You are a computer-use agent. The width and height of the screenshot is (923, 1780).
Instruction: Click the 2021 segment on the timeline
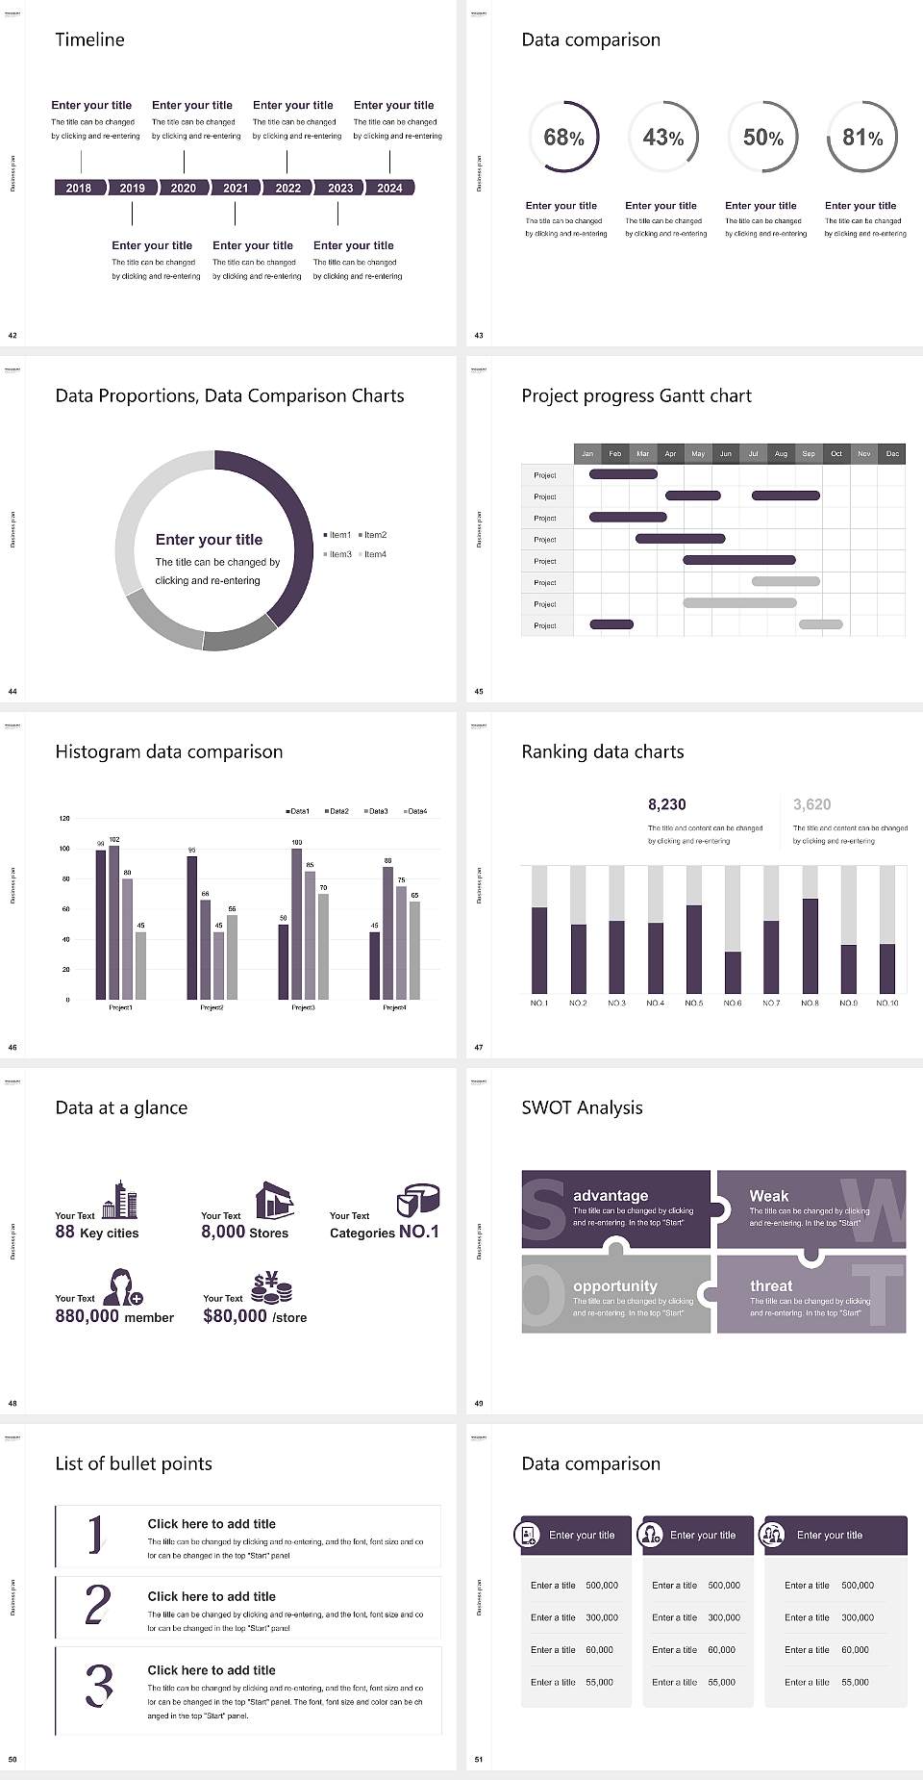(236, 188)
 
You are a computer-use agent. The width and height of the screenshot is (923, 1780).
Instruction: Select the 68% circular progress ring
(563, 137)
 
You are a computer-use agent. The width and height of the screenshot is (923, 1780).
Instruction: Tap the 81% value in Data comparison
(862, 138)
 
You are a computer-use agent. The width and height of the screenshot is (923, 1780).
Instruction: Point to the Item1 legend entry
(337, 535)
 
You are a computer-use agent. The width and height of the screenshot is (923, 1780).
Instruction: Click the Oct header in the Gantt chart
(836, 453)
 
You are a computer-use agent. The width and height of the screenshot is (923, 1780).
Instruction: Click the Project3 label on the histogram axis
(303, 1007)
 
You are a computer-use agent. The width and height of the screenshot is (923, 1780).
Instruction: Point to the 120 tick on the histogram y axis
(64, 819)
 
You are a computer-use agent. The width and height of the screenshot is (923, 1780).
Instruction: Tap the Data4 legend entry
(415, 811)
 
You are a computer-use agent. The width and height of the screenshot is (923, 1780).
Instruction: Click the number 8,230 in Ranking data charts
(667, 804)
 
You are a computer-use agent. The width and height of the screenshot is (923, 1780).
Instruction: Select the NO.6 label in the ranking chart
(733, 1003)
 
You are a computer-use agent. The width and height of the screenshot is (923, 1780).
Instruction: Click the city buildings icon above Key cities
(119, 1200)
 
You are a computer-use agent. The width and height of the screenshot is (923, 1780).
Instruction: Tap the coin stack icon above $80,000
(271, 1287)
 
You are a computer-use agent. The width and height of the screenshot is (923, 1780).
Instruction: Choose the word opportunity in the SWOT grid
(615, 1286)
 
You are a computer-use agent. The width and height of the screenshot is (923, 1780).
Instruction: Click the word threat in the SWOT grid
(771, 1286)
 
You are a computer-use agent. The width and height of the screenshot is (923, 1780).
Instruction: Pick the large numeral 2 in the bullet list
(98, 1605)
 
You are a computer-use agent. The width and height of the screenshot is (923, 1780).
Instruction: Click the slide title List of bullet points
(134, 1463)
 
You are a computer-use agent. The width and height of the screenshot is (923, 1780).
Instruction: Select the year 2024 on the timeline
(389, 188)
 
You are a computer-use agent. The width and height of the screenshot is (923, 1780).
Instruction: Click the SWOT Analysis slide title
(582, 1107)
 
